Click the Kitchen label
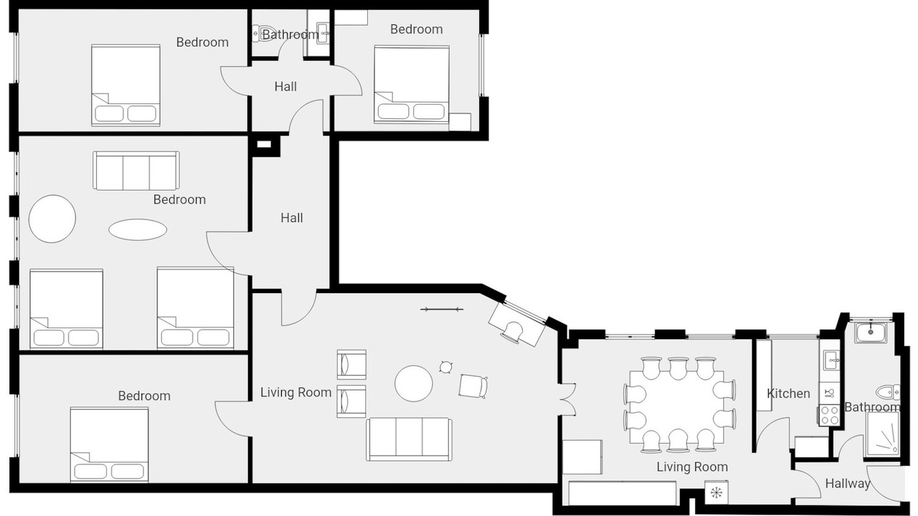788,393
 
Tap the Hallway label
848,484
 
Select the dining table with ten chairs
676,407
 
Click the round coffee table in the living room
414,383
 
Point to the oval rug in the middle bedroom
138,230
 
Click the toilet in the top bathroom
258,34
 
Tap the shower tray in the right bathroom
882,434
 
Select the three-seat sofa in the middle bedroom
136,171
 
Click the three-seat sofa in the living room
410,439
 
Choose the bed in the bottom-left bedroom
110,444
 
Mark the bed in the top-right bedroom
412,85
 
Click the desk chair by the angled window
512,331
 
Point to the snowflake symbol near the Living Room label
716,492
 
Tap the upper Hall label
285,87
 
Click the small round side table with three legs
445,367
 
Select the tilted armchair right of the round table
473,386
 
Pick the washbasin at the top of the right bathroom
871,333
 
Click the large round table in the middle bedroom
52,219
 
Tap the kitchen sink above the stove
830,360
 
